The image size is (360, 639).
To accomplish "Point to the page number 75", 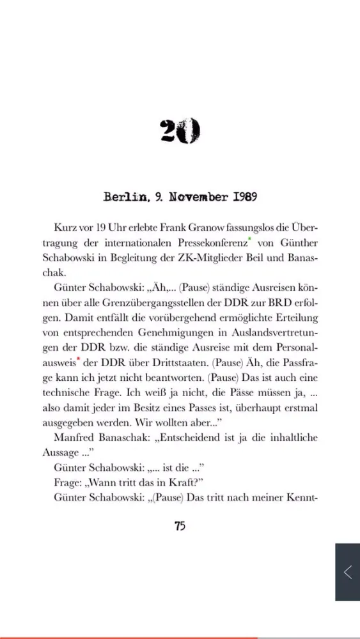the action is (180, 526).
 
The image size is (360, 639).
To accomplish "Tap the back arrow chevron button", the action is (347, 572).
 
